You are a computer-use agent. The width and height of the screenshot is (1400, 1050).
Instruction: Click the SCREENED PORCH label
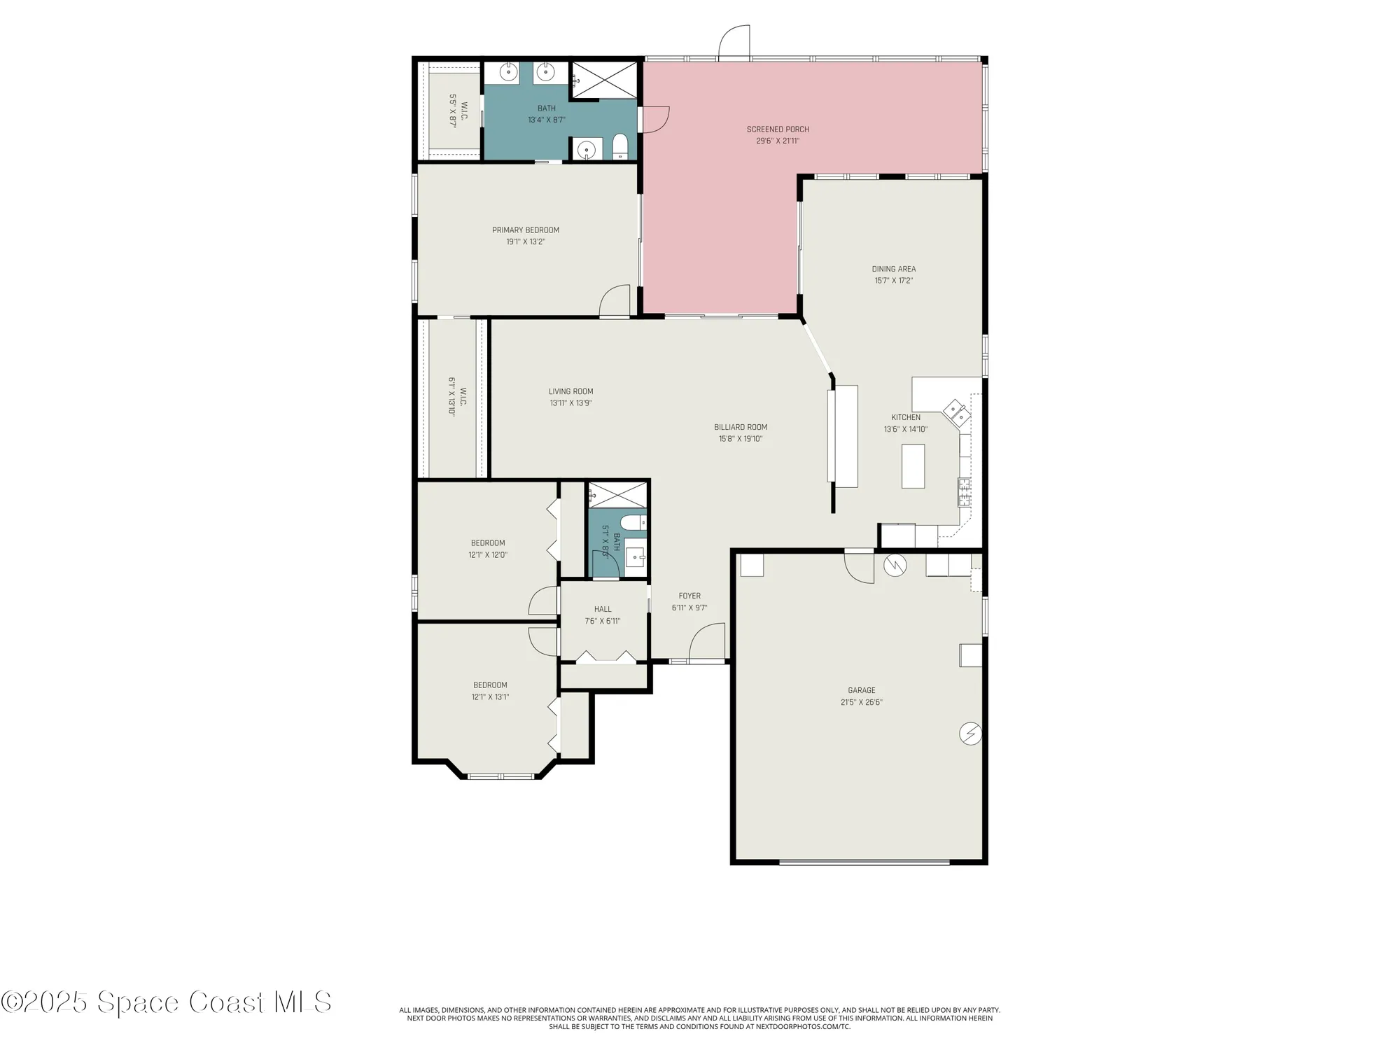(x=778, y=129)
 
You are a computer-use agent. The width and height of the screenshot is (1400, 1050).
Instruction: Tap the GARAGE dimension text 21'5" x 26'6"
(x=861, y=702)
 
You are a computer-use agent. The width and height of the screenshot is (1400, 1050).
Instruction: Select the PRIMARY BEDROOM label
(x=526, y=230)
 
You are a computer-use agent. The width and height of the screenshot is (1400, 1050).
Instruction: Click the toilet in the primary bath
(x=620, y=147)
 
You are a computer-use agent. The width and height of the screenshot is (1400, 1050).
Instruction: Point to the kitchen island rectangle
(x=913, y=466)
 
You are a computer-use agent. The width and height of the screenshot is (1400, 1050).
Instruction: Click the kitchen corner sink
(x=957, y=413)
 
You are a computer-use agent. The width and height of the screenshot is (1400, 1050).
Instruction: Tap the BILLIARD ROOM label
(x=741, y=427)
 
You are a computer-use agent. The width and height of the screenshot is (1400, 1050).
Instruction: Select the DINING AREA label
(x=893, y=269)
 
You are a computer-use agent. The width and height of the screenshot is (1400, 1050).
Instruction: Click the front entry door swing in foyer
(x=707, y=644)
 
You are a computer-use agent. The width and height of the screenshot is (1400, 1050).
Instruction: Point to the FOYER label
(x=689, y=596)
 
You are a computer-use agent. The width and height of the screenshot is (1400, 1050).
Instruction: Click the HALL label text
(x=603, y=609)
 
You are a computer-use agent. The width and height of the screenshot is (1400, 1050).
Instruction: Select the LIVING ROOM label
(x=570, y=392)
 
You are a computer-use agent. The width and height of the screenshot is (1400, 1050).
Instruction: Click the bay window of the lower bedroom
(x=501, y=776)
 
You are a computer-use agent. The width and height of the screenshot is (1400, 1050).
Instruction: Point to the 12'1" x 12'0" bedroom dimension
(x=488, y=555)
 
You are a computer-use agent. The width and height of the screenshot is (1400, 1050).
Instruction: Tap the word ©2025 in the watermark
(x=45, y=1002)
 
